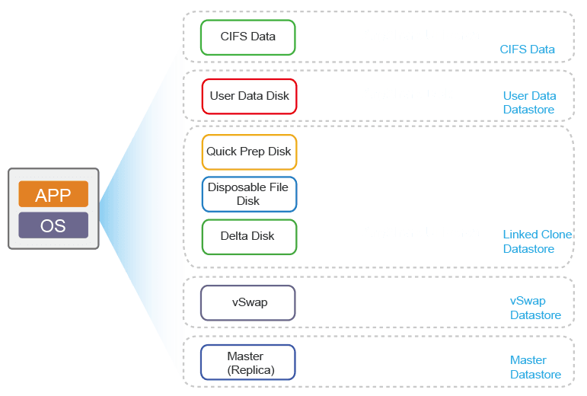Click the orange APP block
(x=53, y=194)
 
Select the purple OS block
(x=53, y=225)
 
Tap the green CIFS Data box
(x=247, y=37)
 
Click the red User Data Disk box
(x=249, y=96)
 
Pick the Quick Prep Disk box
(x=249, y=152)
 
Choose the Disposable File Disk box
(x=249, y=194)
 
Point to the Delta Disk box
(x=248, y=236)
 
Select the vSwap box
(x=248, y=302)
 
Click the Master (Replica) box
(x=247, y=362)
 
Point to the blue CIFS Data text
(x=527, y=49)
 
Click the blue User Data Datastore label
(x=529, y=103)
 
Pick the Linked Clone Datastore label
(x=538, y=241)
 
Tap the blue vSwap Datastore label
(x=534, y=308)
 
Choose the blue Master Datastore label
(x=535, y=367)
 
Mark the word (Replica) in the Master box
(x=250, y=370)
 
